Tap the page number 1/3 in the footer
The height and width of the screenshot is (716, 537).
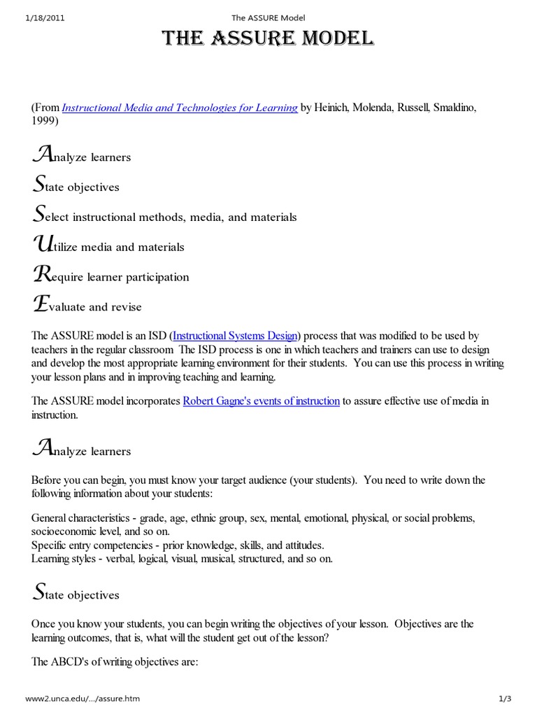[506, 699]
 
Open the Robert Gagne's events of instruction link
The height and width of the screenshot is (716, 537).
[261, 401]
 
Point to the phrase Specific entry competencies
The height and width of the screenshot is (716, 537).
[95, 545]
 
